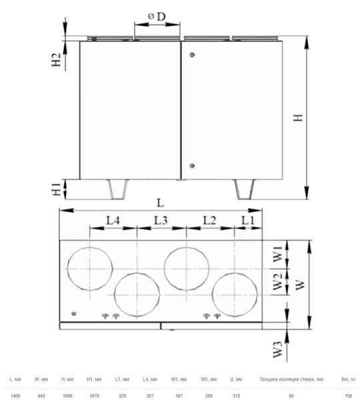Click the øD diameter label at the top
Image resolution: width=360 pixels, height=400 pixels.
157,15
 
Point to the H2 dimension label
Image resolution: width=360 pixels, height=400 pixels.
57,59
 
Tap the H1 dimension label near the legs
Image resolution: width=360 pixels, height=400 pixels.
57,189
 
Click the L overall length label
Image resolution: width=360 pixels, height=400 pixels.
160,202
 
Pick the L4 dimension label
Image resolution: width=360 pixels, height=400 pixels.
112,219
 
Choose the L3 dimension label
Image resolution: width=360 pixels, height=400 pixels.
161,219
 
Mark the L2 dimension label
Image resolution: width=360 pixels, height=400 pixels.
209,219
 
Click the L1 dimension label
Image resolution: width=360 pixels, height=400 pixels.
247,219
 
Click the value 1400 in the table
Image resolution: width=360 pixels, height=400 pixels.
15,396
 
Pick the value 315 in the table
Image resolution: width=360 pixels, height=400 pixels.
235,396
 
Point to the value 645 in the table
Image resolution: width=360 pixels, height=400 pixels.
41,396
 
